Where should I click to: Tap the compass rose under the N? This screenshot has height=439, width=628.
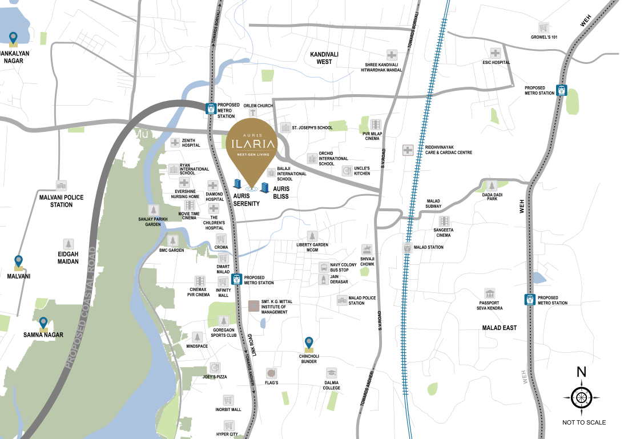[581, 397]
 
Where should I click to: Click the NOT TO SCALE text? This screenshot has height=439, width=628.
[583, 422]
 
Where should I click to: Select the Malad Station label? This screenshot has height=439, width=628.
[428, 247]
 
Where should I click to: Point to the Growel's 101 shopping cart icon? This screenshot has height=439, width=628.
[544, 27]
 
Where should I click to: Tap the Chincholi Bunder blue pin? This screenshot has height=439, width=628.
[309, 343]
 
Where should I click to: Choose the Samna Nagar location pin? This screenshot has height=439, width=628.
[43, 324]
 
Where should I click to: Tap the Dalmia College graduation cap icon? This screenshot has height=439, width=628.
[332, 373]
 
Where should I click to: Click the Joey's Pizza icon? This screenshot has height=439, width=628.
[215, 368]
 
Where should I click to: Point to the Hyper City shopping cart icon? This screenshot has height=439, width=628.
[228, 425]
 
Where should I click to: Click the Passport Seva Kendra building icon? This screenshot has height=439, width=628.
[489, 293]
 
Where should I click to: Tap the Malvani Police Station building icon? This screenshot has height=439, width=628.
[61, 186]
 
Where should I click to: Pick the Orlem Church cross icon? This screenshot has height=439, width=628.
[253, 113]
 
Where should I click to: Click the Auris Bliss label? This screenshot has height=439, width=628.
[281, 192]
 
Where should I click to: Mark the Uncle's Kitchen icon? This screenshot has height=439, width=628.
[347, 170]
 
